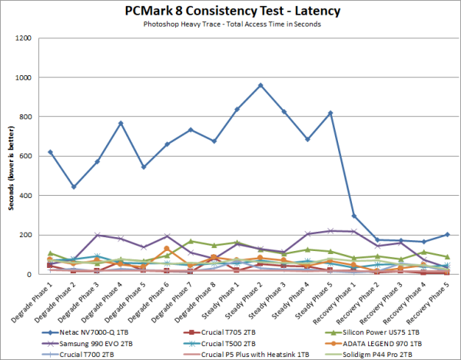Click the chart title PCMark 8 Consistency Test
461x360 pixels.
click(230, 12)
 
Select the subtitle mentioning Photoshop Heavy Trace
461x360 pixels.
click(230, 25)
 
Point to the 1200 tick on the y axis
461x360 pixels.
click(24, 38)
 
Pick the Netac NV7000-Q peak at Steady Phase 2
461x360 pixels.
click(260, 85)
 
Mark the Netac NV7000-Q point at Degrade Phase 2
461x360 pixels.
click(73, 187)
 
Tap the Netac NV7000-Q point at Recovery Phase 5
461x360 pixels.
click(448, 235)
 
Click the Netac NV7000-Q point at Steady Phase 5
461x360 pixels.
click(330, 113)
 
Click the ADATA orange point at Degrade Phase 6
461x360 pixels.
click(167, 248)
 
